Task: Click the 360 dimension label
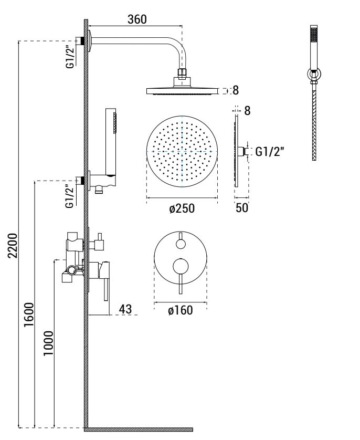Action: click(137, 18)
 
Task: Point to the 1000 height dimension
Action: click(48, 343)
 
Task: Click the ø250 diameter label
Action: click(182, 208)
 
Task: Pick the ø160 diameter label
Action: click(180, 311)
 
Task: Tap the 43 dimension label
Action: click(125, 309)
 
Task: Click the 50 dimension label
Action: click(241, 208)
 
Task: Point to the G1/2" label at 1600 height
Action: click(69, 196)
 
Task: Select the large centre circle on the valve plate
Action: click(180, 267)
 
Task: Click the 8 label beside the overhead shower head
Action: click(236, 90)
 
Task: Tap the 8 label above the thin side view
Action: click(247, 111)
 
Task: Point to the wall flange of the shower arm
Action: click(91, 41)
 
